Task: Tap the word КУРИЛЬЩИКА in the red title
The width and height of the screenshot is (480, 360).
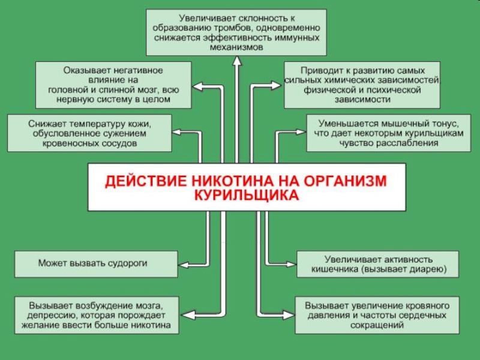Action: [x=245, y=196]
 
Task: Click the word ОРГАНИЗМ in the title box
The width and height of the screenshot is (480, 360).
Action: [x=346, y=181]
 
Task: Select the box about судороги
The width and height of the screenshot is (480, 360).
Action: [x=96, y=263]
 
